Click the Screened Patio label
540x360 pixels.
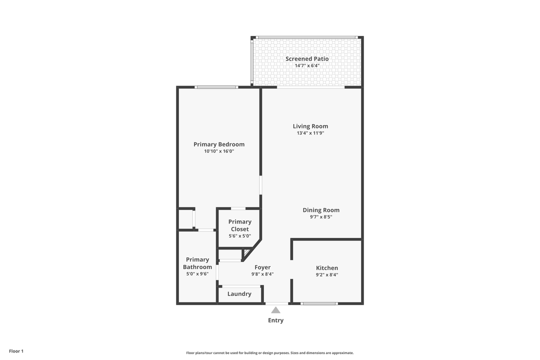click(x=307, y=59)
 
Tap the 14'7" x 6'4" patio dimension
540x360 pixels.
click(x=307, y=65)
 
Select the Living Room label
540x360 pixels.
click(x=310, y=126)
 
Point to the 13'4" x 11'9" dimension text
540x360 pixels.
click(x=310, y=133)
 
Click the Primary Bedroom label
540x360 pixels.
click(x=219, y=144)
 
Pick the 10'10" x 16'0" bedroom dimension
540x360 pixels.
click(x=219, y=151)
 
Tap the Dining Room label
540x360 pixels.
click(x=321, y=210)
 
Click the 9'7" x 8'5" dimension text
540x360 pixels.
click(x=321, y=217)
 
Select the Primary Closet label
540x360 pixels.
click(x=240, y=225)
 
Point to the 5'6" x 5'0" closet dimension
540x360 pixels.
click(x=240, y=236)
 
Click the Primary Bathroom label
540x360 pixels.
click(x=197, y=263)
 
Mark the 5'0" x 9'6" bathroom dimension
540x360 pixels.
click(x=197, y=274)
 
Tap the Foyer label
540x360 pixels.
click(x=262, y=267)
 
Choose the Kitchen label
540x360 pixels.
click(x=327, y=268)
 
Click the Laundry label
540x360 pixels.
click(x=239, y=294)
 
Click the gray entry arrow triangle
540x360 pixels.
click(x=275, y=310)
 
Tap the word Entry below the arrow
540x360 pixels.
click(x=275, y=320)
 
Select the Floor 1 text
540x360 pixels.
click(x=16, y=351)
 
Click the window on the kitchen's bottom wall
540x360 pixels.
click(x=319, y=303)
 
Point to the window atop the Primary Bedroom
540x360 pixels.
click(x=216, y=87)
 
